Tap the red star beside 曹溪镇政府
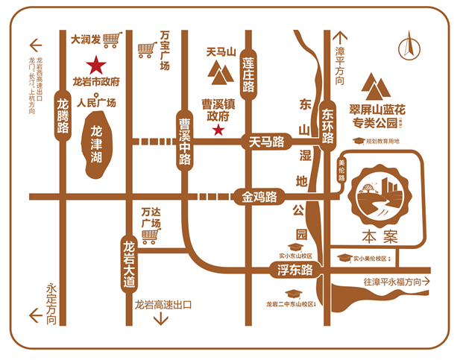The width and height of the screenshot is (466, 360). point(218,130)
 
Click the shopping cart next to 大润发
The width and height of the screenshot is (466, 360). point(112,39)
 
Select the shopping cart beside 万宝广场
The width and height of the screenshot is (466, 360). point(146,51)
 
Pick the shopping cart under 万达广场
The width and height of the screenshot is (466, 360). point(150,237)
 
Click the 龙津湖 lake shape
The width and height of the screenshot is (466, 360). point(95,145)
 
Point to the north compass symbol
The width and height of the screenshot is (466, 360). point(407,45)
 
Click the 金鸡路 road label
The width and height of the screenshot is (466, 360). point(259,198)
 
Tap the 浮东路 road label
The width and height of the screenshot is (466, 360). point(295,271)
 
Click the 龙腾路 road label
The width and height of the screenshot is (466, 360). point(63,116)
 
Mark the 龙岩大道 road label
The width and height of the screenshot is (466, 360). point(130,263)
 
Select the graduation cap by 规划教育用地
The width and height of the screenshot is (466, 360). point(358,141)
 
